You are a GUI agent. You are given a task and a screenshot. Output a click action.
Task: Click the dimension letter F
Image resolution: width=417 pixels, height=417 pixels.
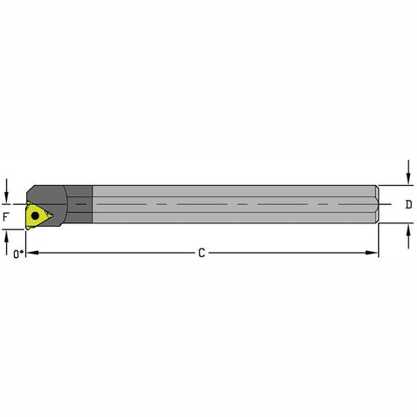click(x=6, y=215)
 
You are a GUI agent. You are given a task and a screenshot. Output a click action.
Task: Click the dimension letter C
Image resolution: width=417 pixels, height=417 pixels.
click(x=201, y=253)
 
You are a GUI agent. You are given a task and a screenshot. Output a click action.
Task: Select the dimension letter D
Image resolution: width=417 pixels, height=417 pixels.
click(x=408, y=205)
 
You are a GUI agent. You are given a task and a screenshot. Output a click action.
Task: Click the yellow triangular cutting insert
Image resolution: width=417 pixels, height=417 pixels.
click(x=36, y=214)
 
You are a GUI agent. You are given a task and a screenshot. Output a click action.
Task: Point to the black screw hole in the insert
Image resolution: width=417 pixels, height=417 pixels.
click(x=34, y=213)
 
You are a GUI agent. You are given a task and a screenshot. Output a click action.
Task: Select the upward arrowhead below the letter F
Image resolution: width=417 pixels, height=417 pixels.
click(x=6, y=233)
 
